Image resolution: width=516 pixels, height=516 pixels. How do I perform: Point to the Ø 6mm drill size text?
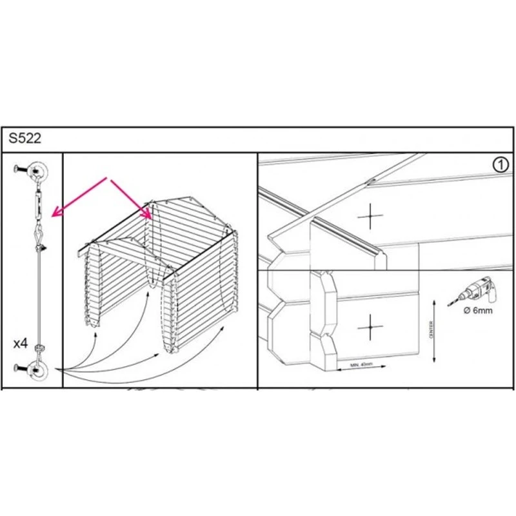pyautogui.click(x=478, y=311)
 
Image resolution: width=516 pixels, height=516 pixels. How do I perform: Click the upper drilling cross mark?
pyautogui.click(x=370, y=216)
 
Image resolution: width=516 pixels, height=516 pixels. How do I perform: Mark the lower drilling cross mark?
pyautogui.click(x=371, y=328)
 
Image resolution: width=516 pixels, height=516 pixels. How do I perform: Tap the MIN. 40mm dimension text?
pyautogui.click(x=361, y=365)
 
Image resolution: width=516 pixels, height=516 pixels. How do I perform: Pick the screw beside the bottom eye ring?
pyautogui.click(x=21, y=368)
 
